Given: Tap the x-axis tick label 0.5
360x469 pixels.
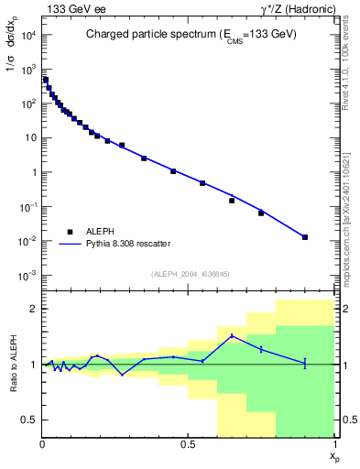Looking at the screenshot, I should click(x=189, y=444).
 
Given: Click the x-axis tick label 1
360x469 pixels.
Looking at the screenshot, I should click(x=335, y=444).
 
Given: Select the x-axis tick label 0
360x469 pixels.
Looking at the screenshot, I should click(x=43, y=444).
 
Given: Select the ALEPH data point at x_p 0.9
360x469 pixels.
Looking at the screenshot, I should click(x=305, y=237).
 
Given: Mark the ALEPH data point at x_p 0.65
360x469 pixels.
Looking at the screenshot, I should click(x=232, y=200).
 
